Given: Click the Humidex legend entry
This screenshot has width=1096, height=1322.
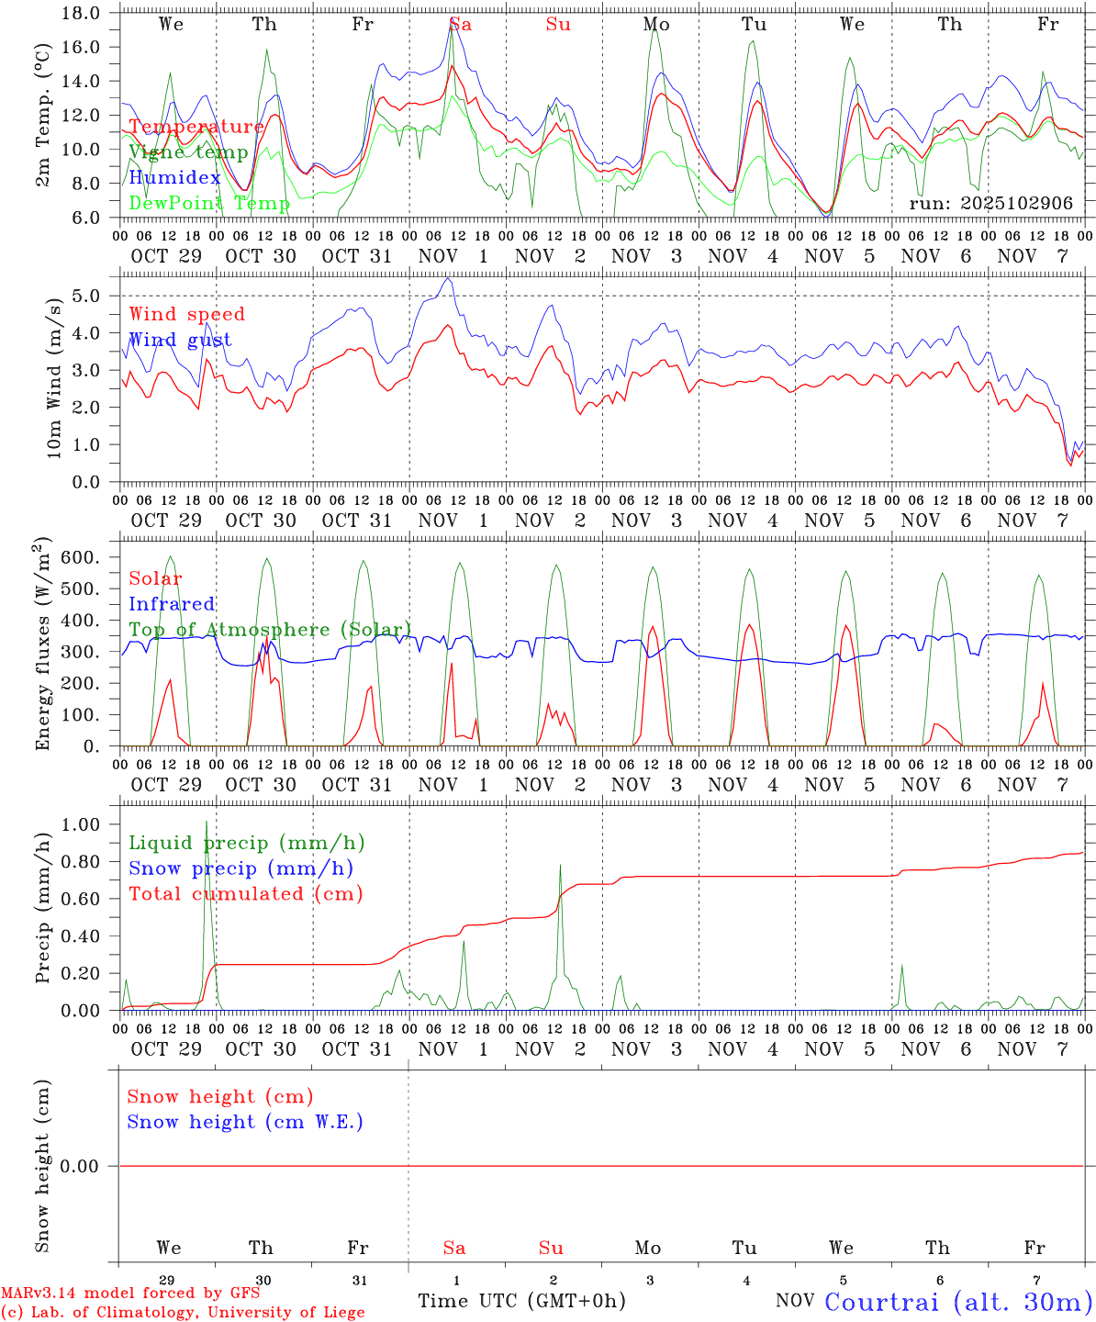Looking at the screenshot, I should (x=174, y=178).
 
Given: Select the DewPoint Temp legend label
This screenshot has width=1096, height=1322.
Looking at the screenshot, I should (x=209, y=204).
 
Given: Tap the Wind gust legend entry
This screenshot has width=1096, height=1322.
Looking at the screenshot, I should (x=180, y=341).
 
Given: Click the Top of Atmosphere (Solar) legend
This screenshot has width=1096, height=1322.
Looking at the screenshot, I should (x=270, y=630).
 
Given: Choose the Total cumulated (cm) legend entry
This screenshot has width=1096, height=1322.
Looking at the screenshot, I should (x=245, y=894).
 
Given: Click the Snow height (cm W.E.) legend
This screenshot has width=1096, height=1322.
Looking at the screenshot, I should (x=245, y=1122).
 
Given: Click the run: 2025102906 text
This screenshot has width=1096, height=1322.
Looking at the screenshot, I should (x=990, y=204).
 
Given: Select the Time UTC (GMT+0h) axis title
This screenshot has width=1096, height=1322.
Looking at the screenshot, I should (x=521, y=1301).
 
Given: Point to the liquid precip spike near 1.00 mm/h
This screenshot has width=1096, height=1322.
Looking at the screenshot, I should (x=207, y=823).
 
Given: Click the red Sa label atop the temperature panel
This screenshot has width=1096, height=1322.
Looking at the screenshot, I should (x=460, y=25).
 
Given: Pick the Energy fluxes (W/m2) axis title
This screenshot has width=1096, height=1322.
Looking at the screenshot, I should (x=42, y=645).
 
